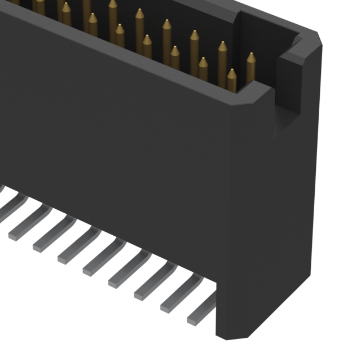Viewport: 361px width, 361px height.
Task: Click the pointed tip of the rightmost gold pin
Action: [250, 55]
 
